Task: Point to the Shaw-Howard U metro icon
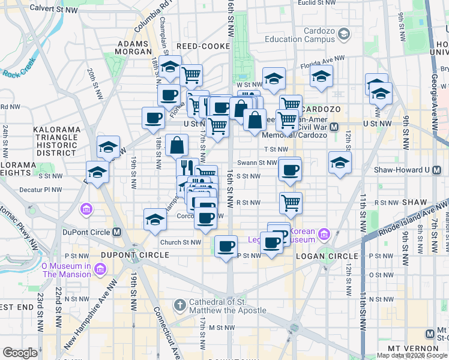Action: point(428,170)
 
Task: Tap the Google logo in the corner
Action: point(20,353)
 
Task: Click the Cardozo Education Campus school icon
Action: point(343,35)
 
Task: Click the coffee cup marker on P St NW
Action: point(226,246)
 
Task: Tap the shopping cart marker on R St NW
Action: point(291,203)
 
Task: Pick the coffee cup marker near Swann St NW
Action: point(290,170)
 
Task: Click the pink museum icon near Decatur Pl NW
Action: point(86,209)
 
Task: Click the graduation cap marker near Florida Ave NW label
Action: point(321,77)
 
